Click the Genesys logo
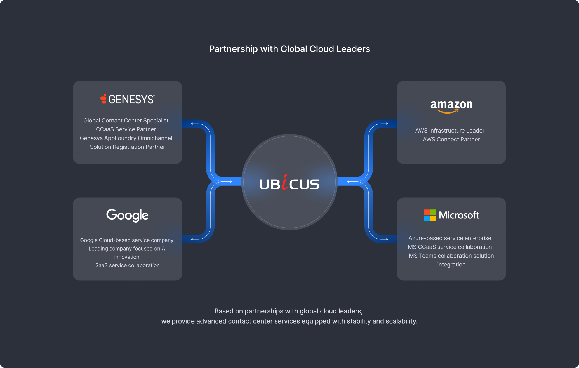click(127, 99)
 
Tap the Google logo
click(127, 215)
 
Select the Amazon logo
click(451, 106)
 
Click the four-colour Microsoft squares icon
click(430, 215)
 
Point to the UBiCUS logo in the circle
click(289, 183)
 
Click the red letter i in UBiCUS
click(285, 183)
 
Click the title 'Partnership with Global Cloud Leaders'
click(289, 49)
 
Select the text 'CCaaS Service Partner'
click(126, 129)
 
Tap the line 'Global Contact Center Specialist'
click(126, 121)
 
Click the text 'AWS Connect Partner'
click(451, 140)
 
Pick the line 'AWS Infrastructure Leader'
click(450, 131)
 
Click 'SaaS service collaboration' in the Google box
click(127, 265)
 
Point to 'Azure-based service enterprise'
click(450, 238)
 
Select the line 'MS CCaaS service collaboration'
click(450, 247)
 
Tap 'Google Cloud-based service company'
click(127, 240)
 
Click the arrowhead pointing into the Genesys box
click(192, 124)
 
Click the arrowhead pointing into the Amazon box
click(387, 124)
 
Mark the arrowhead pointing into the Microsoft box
click(387, 239)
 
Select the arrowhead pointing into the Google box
click(192, 239)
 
